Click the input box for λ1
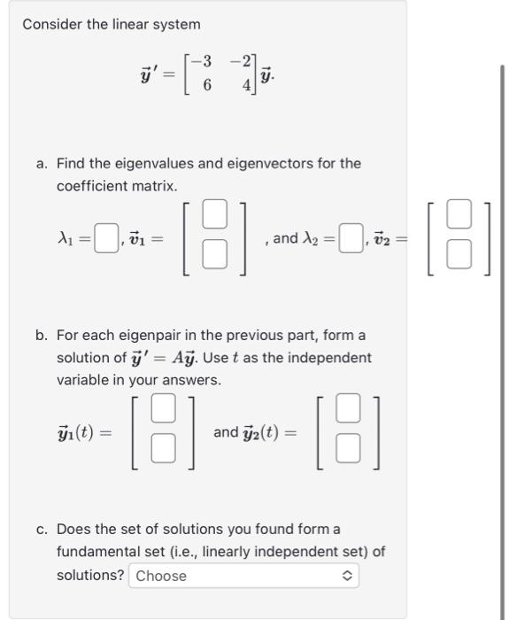(106, 238)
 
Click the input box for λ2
(351, 238)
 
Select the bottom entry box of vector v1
(213, 254)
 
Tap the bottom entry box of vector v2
(458, 254)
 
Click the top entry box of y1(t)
(162, 410)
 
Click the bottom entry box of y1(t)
(162, 450)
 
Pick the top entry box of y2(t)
(349, 410)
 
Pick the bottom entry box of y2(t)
(349, 450)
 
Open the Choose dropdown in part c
(244, 576)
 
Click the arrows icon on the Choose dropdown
(347, 576)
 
